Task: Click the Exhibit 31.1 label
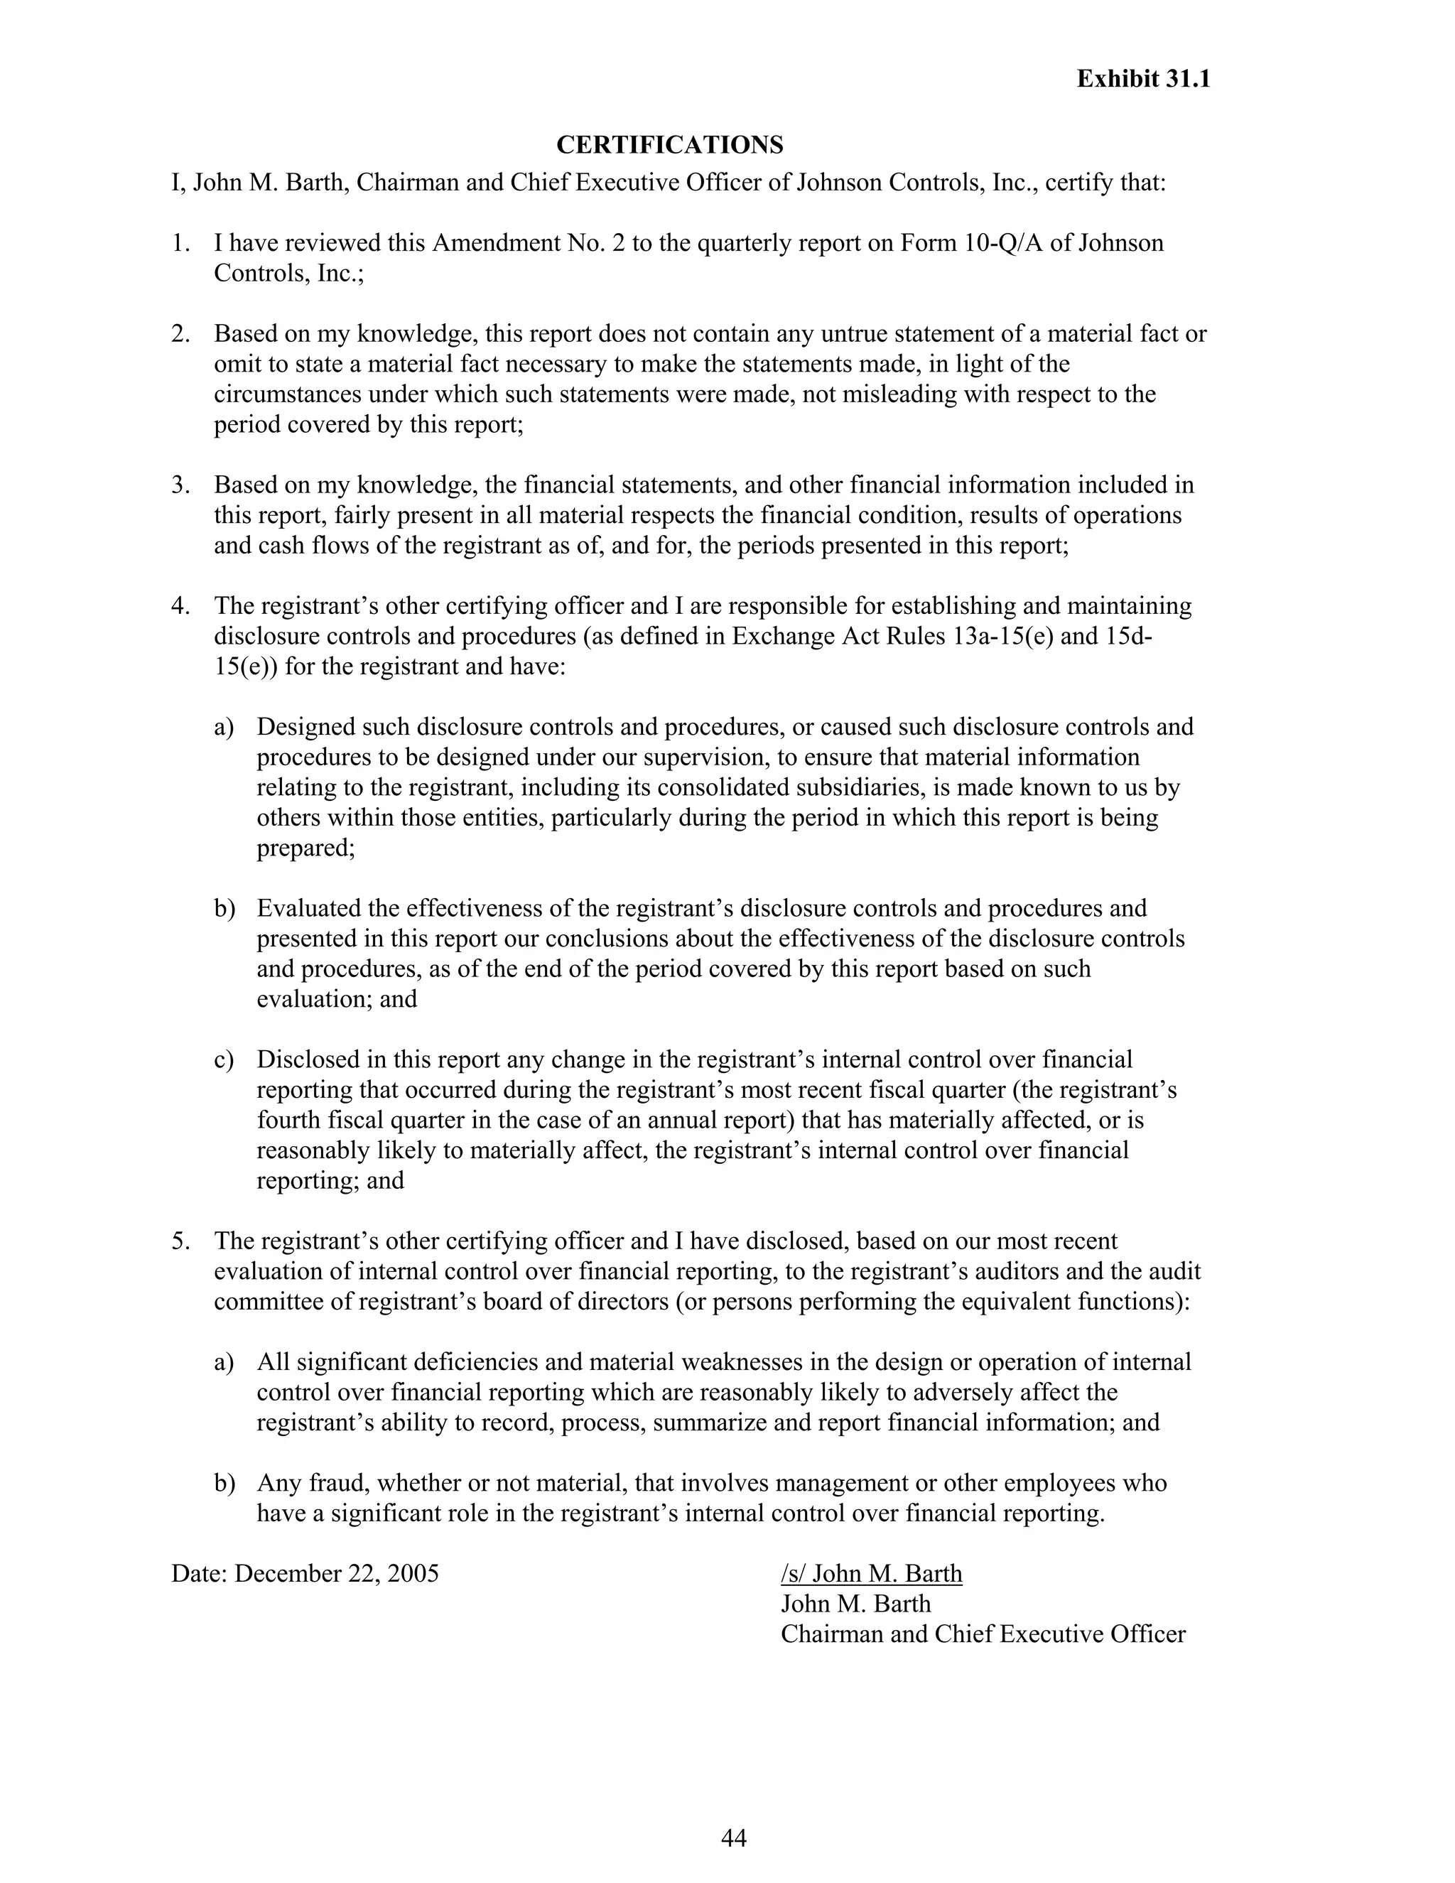click(x=1143, y=80)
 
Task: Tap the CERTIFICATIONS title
click(x=670, y=145)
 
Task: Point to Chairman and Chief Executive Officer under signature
click(x=983, y=1634)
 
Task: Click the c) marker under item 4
click(x=223, y=1059)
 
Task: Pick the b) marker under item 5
click(x=223, y=1483)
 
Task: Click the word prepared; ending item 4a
click(x=306, y=848)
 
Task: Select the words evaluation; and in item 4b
click(x=336, y=999)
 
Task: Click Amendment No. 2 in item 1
click(x=529, y=243)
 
